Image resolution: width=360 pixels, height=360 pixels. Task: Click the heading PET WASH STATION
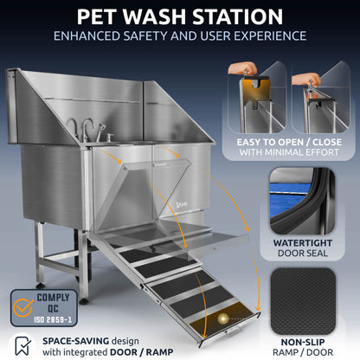pyautogui.click(x=180, y=16)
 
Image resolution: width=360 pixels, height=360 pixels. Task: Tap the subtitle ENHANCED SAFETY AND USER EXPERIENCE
pyautogui.click(x=180, y=36)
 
